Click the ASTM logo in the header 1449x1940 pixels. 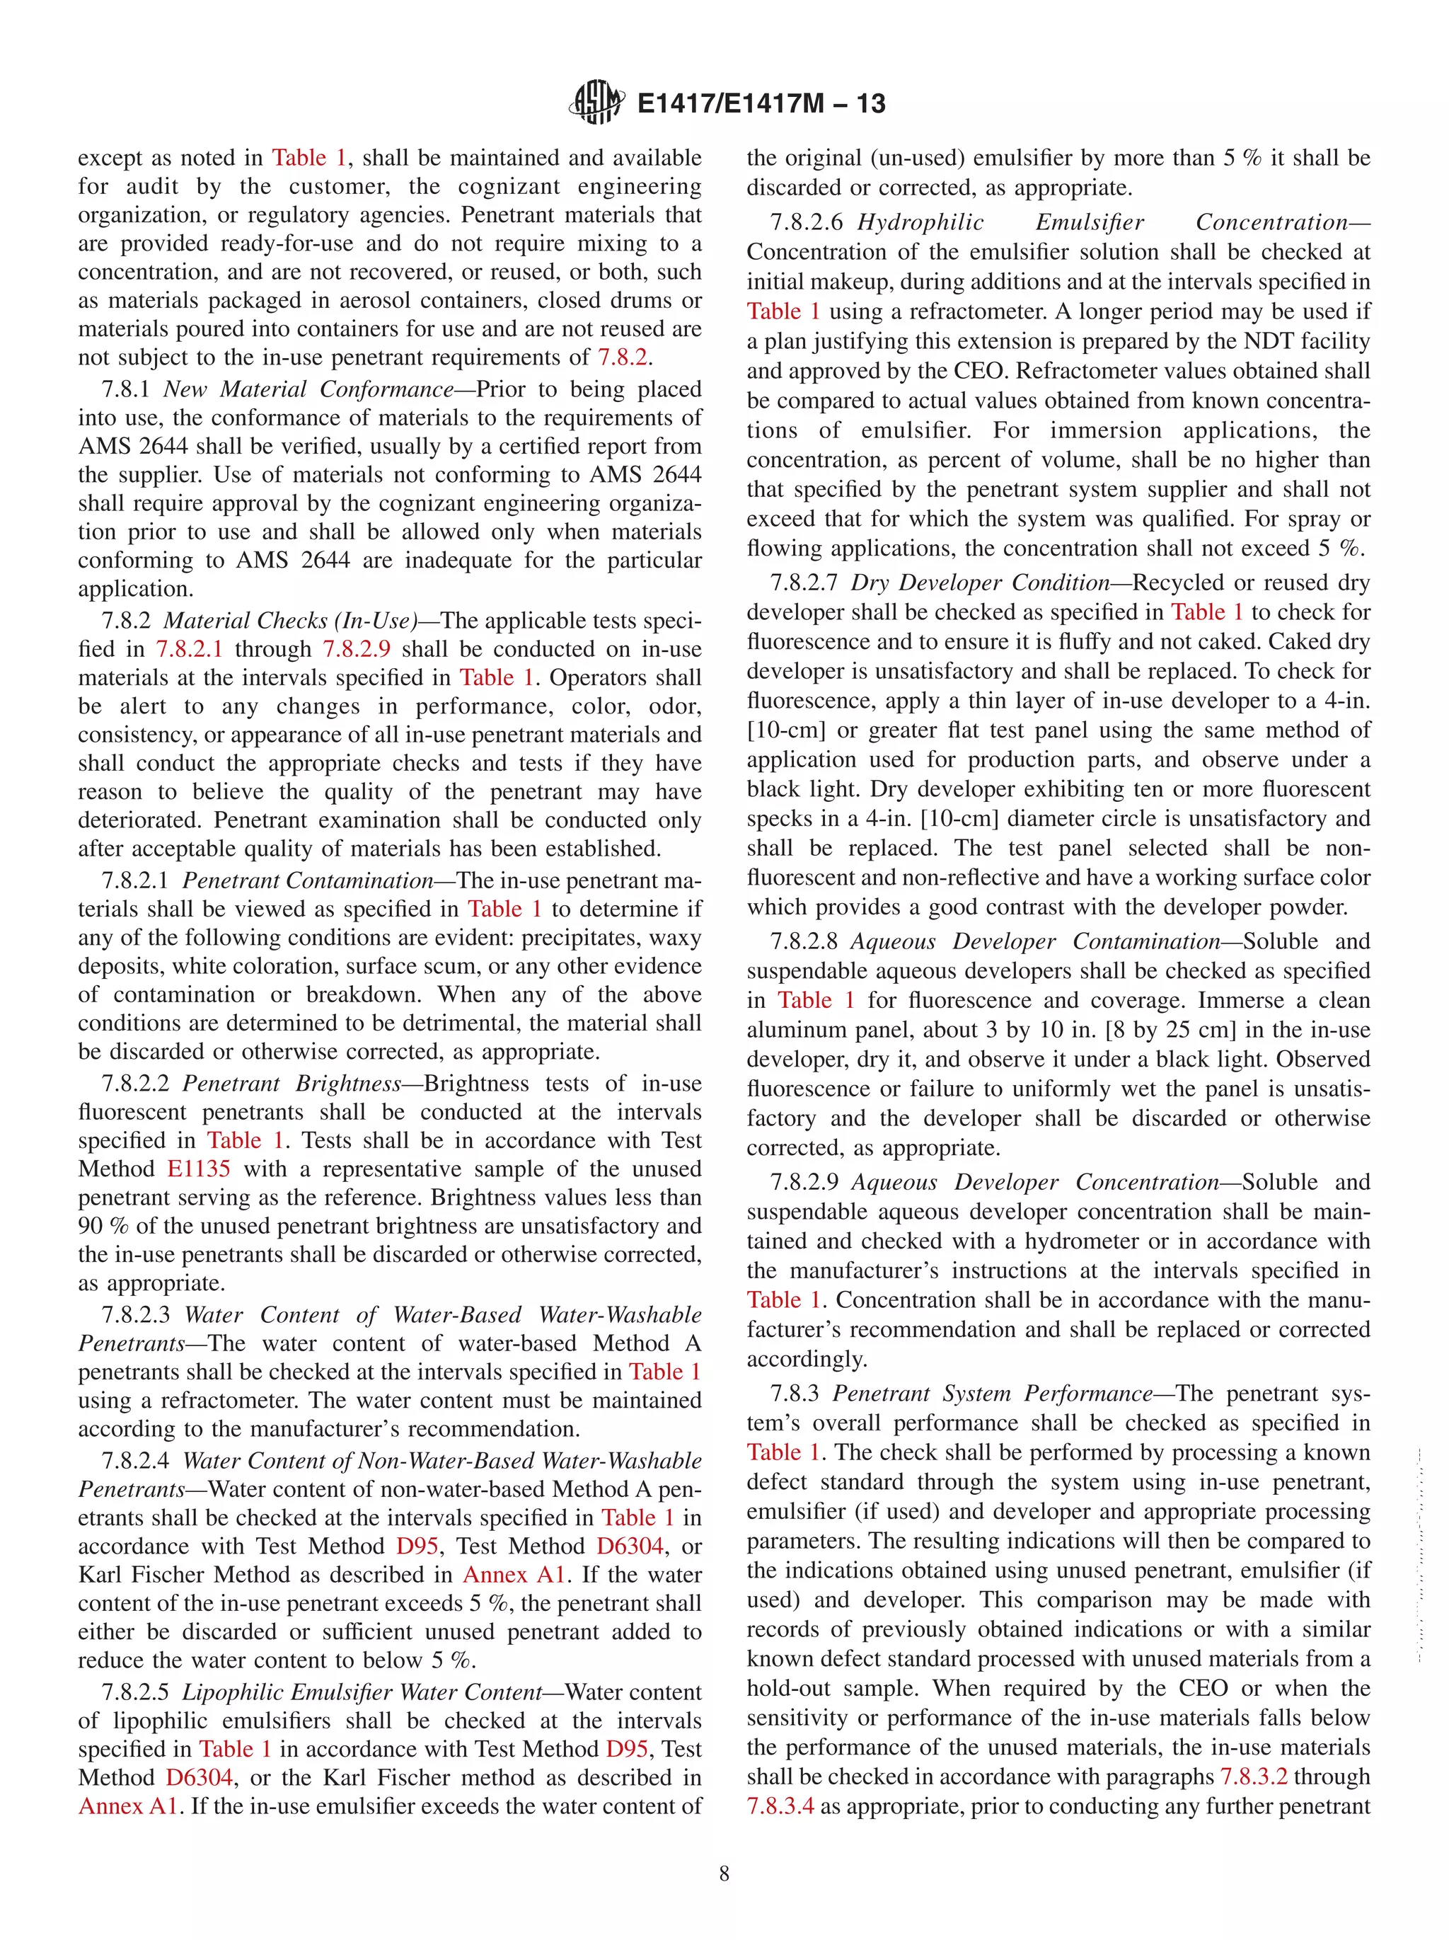597,103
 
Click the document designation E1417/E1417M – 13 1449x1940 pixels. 761,103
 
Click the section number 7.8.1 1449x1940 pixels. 127,389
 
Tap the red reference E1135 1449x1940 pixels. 199,1169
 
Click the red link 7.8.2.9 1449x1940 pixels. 356,649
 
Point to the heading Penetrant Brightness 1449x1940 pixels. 291,1084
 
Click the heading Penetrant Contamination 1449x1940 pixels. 308,880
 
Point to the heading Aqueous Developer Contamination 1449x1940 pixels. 1035,942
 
